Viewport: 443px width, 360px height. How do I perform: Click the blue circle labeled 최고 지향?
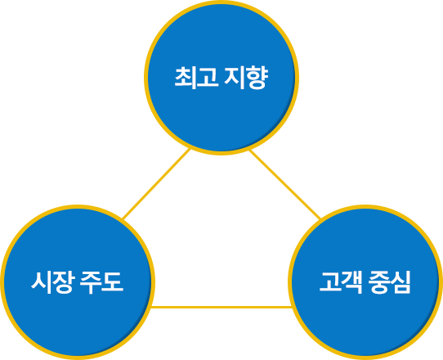coord(221,78)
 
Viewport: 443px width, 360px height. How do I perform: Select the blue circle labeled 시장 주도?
coord(78,282)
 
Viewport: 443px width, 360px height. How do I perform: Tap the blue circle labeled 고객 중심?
coord(365,282)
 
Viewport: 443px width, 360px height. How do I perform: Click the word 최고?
coord(197,78)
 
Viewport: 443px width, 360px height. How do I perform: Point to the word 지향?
coord(246,78)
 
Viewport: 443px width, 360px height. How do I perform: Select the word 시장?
coord(53,282)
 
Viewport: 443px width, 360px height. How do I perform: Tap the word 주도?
coord(101,282)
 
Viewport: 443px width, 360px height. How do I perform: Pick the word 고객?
coord(341,282)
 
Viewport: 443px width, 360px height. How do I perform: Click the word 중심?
coord(389,282)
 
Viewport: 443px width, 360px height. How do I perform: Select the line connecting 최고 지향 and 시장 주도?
coord(156,184)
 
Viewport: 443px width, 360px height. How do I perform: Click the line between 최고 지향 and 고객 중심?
coord(284,184)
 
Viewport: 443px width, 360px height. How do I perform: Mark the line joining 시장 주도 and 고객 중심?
coord(221,307)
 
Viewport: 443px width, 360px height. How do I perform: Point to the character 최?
coord(186,78)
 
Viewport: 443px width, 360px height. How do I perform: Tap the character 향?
coord(257,79)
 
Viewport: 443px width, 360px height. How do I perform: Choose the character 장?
coord(65,282)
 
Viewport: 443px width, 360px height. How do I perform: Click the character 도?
coord(113,282)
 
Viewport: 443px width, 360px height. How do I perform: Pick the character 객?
coord(352,282)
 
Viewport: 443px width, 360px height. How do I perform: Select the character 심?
coord(400,282)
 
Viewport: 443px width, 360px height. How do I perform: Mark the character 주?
coord(91,282)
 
